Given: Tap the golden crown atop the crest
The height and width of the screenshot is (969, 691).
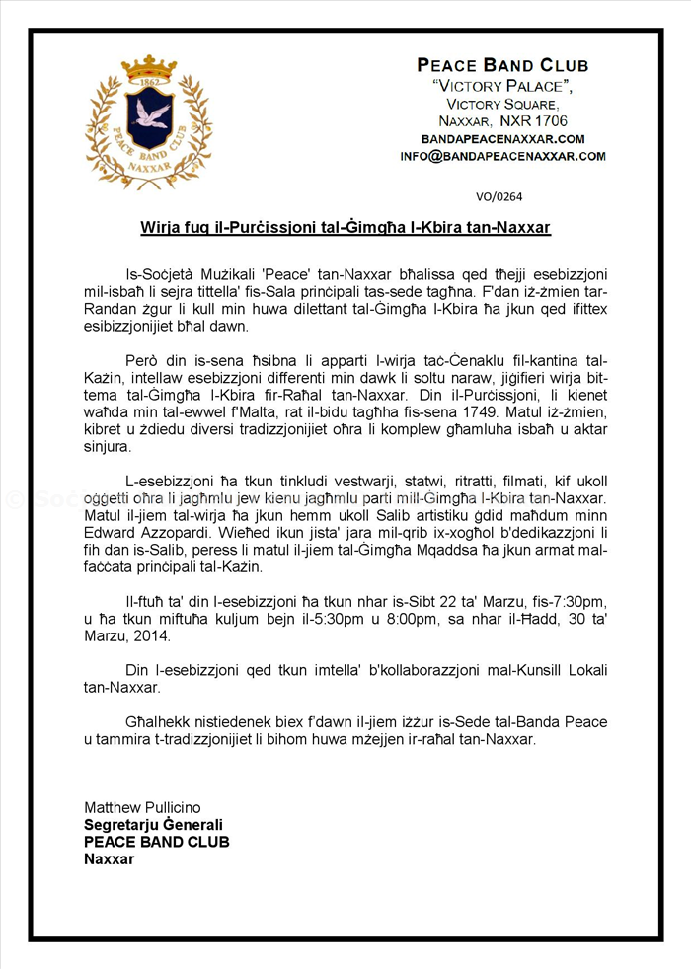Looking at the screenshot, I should tap(149, 68).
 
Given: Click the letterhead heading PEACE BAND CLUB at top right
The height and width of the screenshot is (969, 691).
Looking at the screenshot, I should tap(502, 66).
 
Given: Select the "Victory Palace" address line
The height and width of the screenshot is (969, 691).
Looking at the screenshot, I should tap(502, 86).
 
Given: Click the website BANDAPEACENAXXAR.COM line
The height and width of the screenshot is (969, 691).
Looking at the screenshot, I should tap(502, 139).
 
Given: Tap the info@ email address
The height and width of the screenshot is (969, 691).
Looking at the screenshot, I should tap(502, 156).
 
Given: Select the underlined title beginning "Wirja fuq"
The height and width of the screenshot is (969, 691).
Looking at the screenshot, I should tap(345, 228).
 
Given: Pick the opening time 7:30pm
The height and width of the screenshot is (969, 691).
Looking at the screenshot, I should tap(578, 601).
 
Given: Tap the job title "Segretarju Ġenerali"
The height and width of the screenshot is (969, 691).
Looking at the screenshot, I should tap(154, 825).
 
